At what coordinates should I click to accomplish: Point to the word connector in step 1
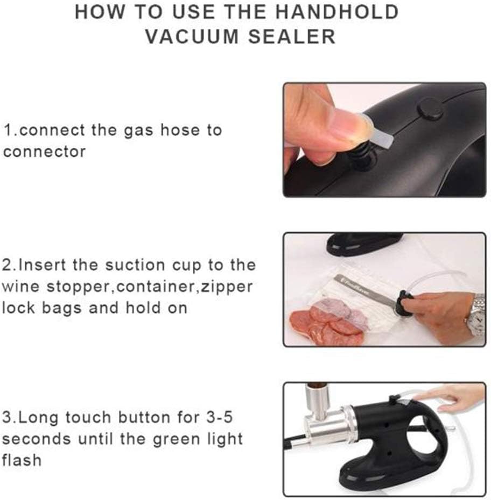(x=44, y=152)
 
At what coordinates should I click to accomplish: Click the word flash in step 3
(x=22, y=460)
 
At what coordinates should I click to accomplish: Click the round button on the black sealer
(x=430, y=108)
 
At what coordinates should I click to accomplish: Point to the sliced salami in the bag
(x=323, y=325)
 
